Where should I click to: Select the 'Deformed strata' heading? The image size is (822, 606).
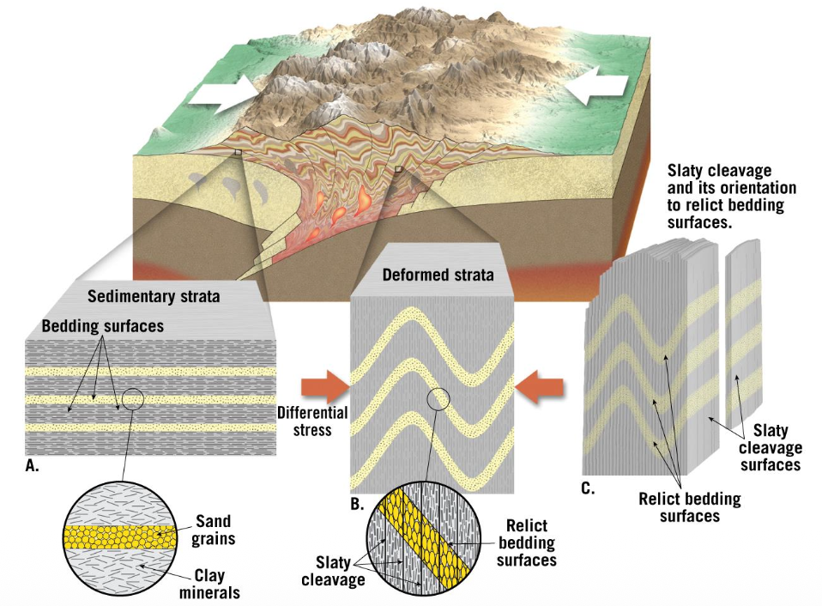[x=438, y=276]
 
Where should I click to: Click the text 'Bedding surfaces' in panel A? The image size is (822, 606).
[x=103, y=326]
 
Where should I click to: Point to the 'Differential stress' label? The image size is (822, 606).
[x=312, y=421]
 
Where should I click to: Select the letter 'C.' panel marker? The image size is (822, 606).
[x=587, y=489]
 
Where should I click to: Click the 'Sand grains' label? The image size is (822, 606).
[x=213, y=530]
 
